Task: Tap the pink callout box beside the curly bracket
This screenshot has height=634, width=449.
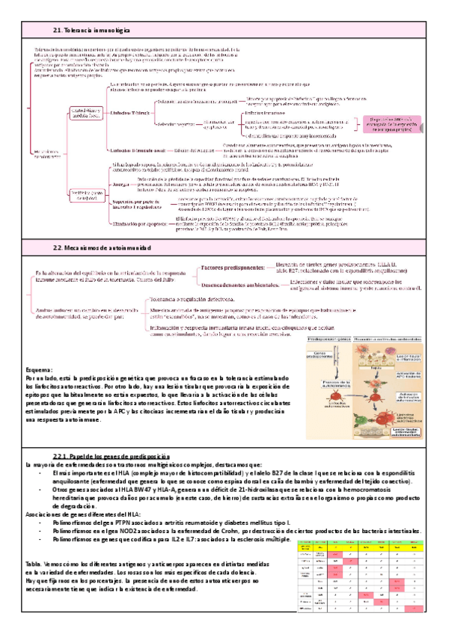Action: (x=401, y=123)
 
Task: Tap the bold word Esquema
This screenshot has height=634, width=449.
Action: (x=40, y=369)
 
